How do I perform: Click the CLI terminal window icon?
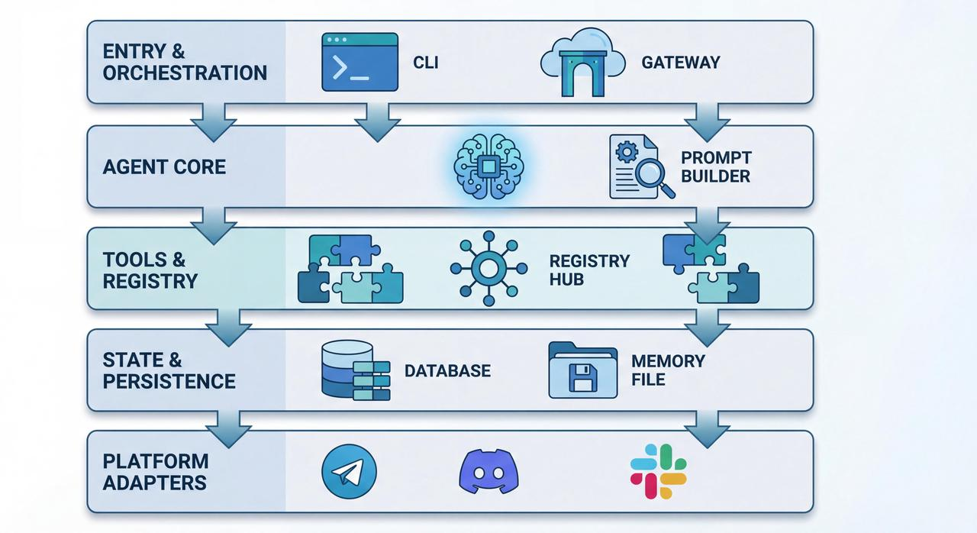point(360,62)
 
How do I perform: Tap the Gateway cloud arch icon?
point(582,63)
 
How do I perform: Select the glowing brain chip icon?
point(488,167)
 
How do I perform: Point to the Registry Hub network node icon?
point(488,269)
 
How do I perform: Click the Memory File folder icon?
point(582,370)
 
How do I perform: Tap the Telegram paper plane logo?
point(350,473)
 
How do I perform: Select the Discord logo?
point(488,471)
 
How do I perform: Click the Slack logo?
point(658,471)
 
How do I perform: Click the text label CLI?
point(426,63)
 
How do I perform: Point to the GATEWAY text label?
point(680,63)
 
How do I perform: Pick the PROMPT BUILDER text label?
point(715,167)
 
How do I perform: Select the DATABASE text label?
point(447,371)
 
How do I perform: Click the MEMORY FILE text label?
point(668,370)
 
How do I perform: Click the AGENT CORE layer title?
point(164,167)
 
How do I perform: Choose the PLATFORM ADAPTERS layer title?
point(155,472)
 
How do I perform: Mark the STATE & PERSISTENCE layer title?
point(169,370)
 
